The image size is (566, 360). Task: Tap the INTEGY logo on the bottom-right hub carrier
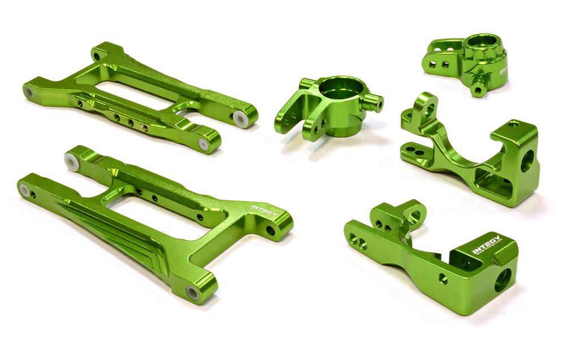pyautogui.click(x=486, y=242)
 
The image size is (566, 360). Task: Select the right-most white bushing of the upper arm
pyautogui.click(x=239, y=117)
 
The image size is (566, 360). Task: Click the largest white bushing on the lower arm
pyautogui.click(x=72, y=161)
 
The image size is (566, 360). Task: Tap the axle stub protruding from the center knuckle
pyautogui.click(x=373, y=102)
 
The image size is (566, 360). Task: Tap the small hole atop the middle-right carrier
pyautogui.click(x=513, y=123)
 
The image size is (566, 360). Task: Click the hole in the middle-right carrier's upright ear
pyautogui.click(x=428, y=109)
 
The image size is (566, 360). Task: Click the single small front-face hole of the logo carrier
pyautogui.click(x=443, y=278)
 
